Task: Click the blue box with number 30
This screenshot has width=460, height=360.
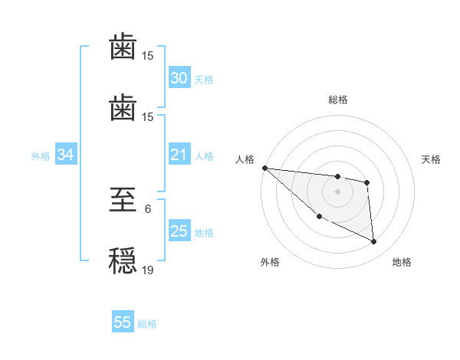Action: [x=179, y=78]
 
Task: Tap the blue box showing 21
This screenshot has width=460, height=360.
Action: [x=179, y=155]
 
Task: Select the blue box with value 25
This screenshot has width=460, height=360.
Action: [x=179, y=231]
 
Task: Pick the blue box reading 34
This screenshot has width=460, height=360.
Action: [x=66, y=155]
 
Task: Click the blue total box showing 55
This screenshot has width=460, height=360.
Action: [x=123, y=322]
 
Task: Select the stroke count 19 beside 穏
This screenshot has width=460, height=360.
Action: [x=148, y=270]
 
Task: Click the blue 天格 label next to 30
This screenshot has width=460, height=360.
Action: [x=204, y=80]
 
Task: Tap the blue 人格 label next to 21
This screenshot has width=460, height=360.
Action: [x=204, y=156]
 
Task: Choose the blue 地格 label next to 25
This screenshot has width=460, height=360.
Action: [x=204, y=233]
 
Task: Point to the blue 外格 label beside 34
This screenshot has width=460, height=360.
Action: [x=41, y=156]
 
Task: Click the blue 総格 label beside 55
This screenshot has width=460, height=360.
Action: [x=147, y=324]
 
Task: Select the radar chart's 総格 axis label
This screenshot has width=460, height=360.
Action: [x=338, y=100]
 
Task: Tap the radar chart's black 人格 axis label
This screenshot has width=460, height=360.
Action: [x=244, y=159]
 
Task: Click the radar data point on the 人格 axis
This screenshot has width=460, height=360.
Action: [x=264, y=168]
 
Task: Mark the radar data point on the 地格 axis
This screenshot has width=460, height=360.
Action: [x=373, y=241]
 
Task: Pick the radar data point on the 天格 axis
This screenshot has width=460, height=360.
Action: [x=367, y=182]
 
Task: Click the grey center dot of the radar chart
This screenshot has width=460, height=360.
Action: [x=337, y=191]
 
